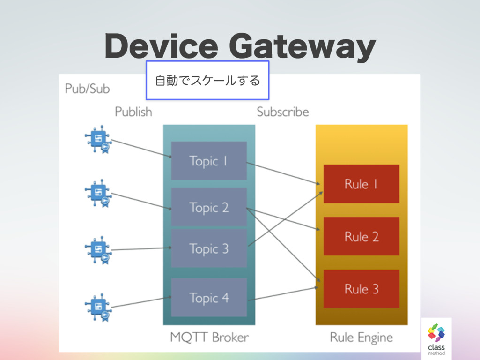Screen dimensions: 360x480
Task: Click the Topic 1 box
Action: pos(209,161)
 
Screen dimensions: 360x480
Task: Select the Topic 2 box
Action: pos(209,207)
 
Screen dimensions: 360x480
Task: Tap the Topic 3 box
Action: pos(209,248)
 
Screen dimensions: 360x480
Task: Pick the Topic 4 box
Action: pos(209,297)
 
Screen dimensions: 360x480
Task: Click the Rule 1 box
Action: pos(361,184)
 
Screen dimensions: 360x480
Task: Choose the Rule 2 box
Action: pos(361,236)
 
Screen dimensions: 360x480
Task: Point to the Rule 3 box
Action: pos(361,289)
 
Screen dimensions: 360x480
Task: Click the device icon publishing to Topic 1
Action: pos(98,139)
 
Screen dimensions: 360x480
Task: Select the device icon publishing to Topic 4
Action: pos(98,307)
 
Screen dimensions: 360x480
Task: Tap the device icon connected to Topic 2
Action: pos(98,193)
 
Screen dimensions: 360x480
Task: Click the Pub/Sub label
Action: pos(88,89)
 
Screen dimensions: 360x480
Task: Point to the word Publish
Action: pos(133,112)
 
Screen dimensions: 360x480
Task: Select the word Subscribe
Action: pos(283,112)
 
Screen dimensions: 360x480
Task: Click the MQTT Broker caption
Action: pos(209,337)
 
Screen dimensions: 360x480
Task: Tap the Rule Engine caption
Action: pos(361,337)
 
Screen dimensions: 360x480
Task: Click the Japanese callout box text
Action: pos(207,81)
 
